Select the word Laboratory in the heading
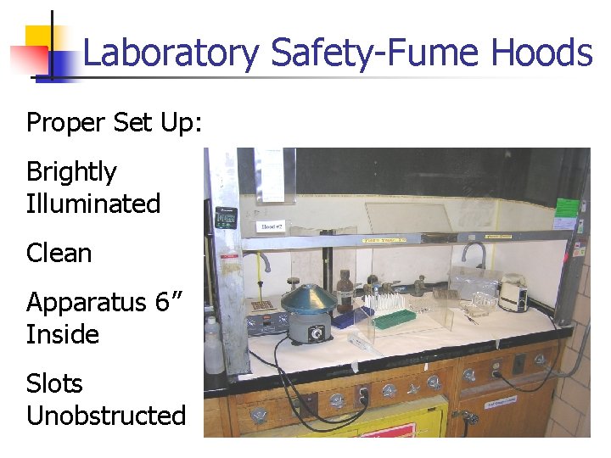[x=171, y=53]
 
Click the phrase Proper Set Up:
[x=114, y=122]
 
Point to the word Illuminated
[x=93, y=204]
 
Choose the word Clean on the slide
[x=59, y=253]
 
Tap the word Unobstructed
[x=105, y=416]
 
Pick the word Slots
[x=54, y=383]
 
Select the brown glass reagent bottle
[x=345, y=293]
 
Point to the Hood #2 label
[x=271, y=227]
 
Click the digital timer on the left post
[x=225, y=219]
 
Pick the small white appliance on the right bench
[x=513, y=293]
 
